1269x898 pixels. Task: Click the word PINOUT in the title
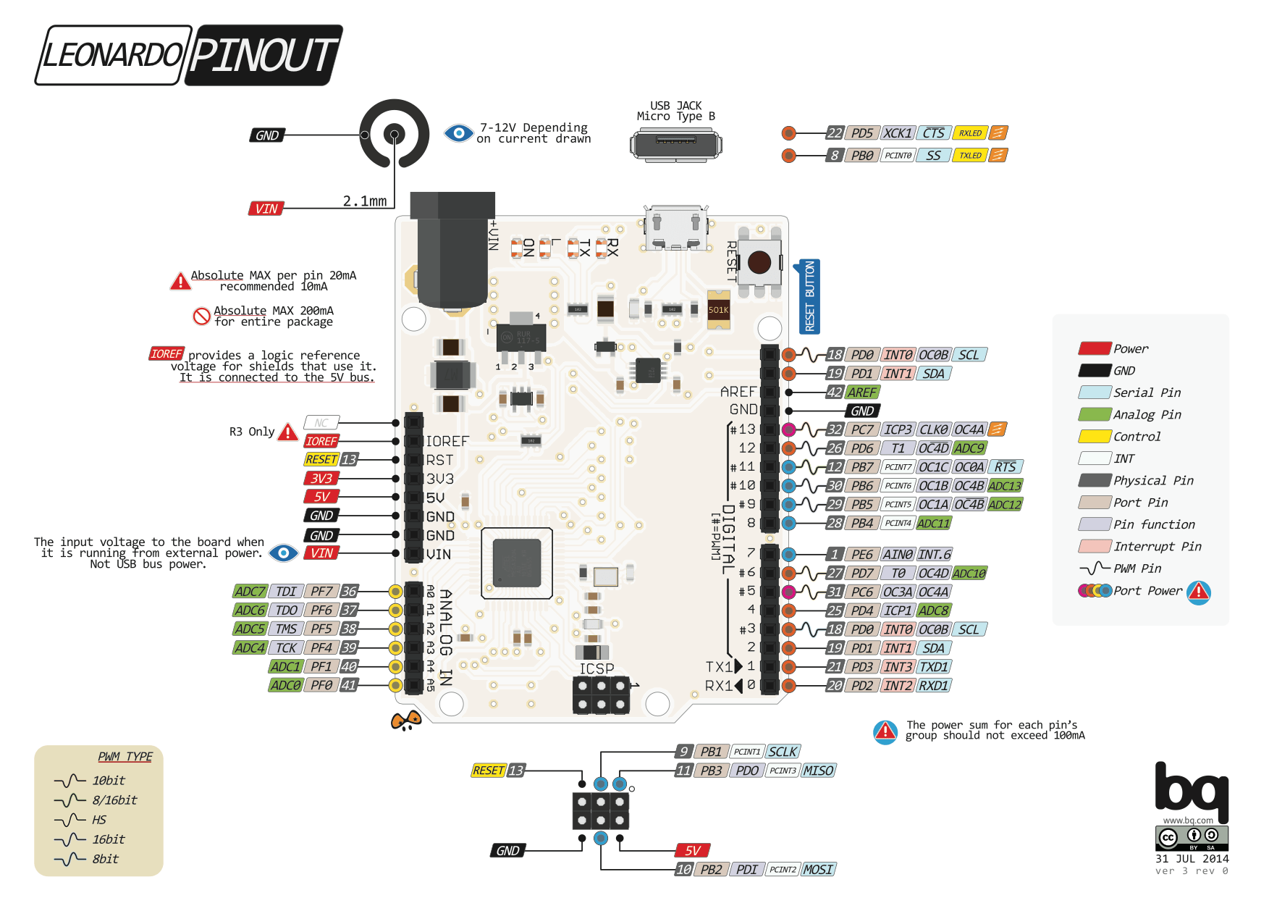coord(265,55)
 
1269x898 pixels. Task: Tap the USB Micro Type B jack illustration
coord(675,144)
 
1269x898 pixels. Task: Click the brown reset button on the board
coord(759,262)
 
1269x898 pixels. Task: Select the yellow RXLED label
coord(970,133)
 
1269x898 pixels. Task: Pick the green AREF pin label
coord(862,393)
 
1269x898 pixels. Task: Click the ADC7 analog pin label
coord(250,592)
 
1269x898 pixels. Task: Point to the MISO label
coord(818,771)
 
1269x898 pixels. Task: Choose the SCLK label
coord(783,752)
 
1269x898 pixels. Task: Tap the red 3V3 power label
coord(321,479)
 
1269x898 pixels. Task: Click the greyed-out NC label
coord(321,423)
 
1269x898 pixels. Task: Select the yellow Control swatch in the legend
coord(1095,437)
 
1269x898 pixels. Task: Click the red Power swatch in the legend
coord(1095,348)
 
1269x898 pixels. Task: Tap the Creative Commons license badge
coord(1192,838)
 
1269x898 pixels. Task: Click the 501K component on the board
coord(719,310)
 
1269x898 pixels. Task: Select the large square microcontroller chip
coord(517,563)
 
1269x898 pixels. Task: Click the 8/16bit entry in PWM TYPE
coord(114,800)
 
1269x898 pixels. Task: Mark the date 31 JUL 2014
coord(1192,859)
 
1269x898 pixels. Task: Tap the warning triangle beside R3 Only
coord(288,432)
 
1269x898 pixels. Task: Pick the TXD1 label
coord(934,667)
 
